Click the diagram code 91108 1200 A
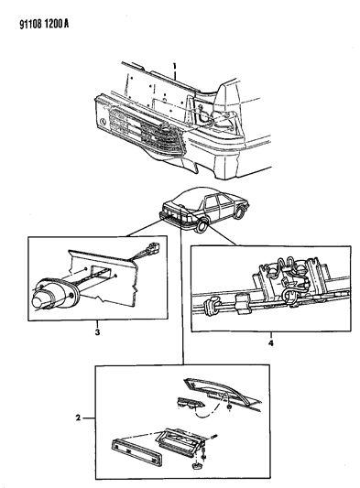(x=44, y=24)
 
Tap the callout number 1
(x=175, y=66)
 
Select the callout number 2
(x=78, y=418)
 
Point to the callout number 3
(x=97, y=332)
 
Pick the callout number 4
(x=270, y=343)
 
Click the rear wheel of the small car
(x=201, y=225)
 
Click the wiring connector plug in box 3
(x=155, y=248)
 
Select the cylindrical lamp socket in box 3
(x=54, y=296)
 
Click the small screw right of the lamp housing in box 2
(x=214, y=437)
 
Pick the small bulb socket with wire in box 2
(x=191, y=404)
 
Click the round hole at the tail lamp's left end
(x=103, y=121)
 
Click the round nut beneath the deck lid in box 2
(x=229, y=407)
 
